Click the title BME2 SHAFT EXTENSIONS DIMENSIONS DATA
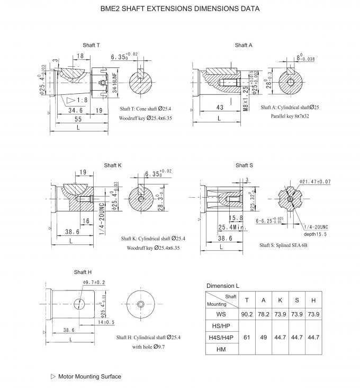[180, 9]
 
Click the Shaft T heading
[91, 45]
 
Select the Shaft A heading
[244, 45]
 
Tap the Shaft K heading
[113, 165]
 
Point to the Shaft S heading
[244, 165]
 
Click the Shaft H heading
[83, 272]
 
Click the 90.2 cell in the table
[247, 314]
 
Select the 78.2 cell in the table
[263, 314]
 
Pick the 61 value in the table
[247, 337]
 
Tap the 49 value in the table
[263, 337]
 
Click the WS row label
[221, 314]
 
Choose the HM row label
[221, 349]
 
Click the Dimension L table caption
[223, 286]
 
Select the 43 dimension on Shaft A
[220, 107]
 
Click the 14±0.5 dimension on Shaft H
[106, 322]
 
